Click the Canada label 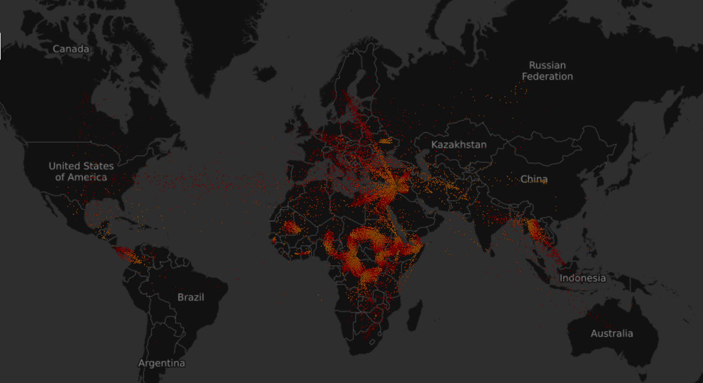pos(71,49)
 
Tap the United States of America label pos(81,172)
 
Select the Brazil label pos(191,297)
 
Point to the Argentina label pos(162,363)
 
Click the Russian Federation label pos(547,71)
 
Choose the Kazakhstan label pos(459,144)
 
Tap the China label pos(534,179)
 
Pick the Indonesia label pos(582,278)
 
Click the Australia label pos(612,333)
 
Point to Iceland pos(264,74)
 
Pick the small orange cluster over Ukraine pos(386,141)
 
